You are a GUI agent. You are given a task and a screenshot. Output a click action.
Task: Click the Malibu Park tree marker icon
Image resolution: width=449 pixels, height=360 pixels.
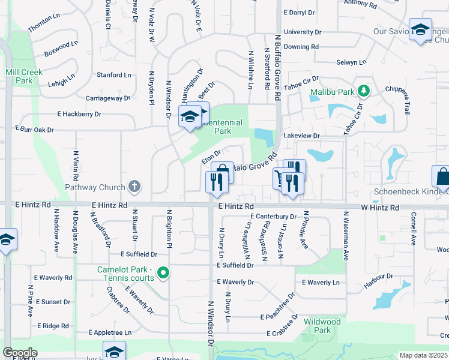click(363, 91)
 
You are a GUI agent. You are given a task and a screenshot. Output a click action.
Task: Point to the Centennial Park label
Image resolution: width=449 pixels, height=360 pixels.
click(222, 127)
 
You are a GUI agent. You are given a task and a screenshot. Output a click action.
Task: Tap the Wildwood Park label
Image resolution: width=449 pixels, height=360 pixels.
click(322, 326)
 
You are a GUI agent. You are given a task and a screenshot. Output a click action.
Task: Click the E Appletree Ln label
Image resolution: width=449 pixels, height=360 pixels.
click(110, 332)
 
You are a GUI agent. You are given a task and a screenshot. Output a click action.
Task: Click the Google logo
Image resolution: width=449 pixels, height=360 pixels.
click(20, 353)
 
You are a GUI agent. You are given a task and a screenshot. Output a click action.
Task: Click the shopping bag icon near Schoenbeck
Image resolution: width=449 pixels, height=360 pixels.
click(442, 176)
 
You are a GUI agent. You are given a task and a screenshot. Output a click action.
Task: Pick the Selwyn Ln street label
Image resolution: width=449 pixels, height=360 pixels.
click(351, 62)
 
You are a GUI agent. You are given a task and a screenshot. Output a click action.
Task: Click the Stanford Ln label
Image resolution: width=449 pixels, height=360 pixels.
click(114, 75)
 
